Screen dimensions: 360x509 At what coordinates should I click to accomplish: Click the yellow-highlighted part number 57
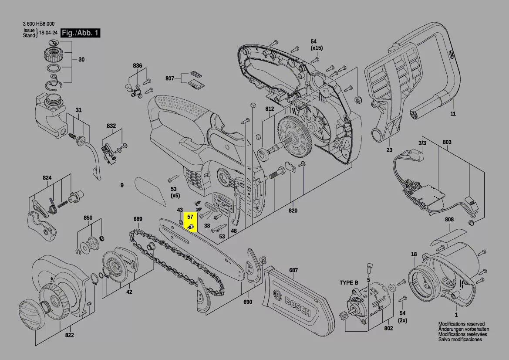[x=190, y=216]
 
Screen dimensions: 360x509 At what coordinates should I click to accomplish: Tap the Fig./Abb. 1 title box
[x=81, y=33]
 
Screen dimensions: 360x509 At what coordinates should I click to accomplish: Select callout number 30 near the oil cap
[x=81, y=60]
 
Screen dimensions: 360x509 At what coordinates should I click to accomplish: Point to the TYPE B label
[x=349, y=283]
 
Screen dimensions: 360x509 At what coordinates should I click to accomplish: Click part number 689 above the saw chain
[x=138, y=219]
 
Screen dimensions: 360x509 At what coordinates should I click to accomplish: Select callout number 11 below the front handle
[x=453, y=114]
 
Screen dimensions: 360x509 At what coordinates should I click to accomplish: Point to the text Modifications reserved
[x=461, y=324]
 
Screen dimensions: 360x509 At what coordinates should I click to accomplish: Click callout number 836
[x=138, y=66]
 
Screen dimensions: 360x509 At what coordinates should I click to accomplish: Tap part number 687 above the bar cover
[x=293, y=270]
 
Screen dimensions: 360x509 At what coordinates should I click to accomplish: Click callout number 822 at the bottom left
[x=69, y=335]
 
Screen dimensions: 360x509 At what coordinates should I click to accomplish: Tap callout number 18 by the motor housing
[x=414, y=254]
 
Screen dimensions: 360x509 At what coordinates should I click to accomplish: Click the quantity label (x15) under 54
[x=317, y=48]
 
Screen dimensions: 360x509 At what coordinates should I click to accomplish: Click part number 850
[x=88, y=217]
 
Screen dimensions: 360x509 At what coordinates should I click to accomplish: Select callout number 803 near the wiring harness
[x=447, y=142]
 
